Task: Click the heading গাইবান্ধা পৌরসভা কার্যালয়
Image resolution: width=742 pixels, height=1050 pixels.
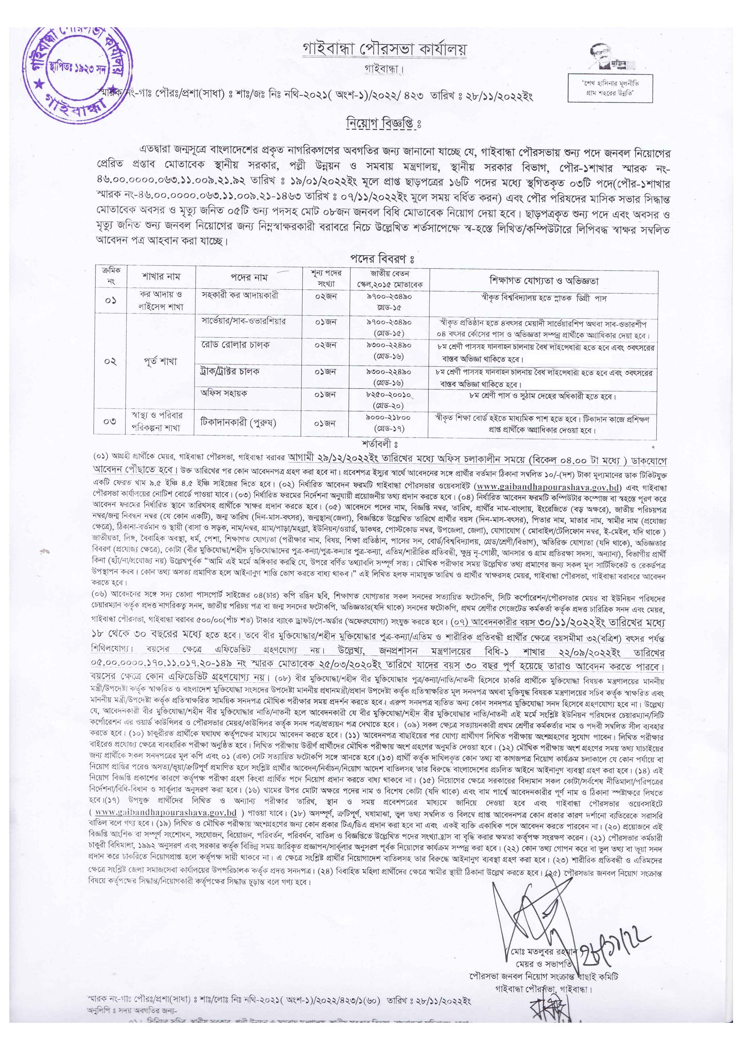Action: (x=384, y=49)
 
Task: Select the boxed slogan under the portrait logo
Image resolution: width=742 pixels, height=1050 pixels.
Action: (x=610, y=88)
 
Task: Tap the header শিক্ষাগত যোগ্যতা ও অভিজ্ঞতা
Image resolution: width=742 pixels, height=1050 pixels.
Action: (x=544, y=280)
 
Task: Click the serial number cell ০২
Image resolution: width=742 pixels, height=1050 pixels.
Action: (x=110, y=361)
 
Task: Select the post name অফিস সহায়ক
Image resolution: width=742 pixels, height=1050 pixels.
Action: (x=224, y=393)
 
